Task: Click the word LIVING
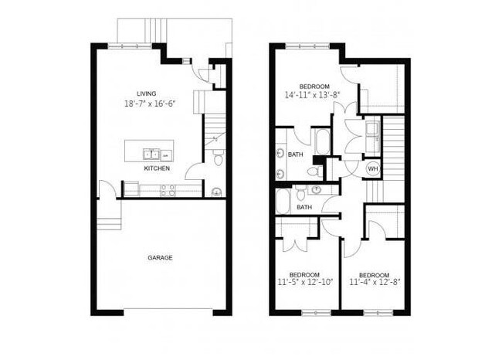tap(146, 93)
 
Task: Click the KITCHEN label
tap(157, 168)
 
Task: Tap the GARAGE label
tap(161, 257)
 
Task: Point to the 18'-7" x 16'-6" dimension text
tap(155, 104)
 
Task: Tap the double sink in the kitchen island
tap(151, 155)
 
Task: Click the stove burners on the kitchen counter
tap(168, 189)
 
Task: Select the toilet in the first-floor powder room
tap(217, 158)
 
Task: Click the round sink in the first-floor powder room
tap(216, 191)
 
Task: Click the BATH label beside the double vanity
tap(296, 155)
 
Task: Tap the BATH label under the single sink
tap(304, 206)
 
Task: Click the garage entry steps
tap(109, 223)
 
